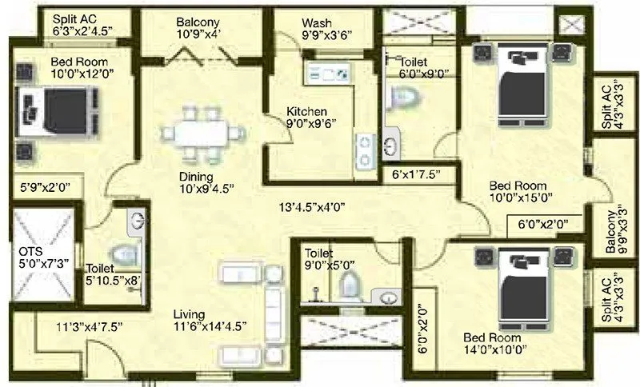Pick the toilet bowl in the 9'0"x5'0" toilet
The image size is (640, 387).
click(x=350, y=286)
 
